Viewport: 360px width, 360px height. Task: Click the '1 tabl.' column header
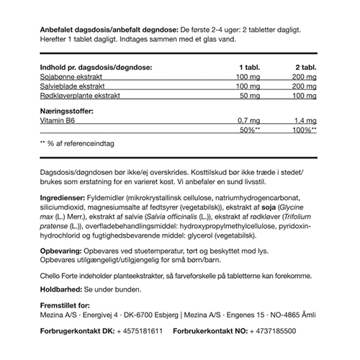coord(248,66)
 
